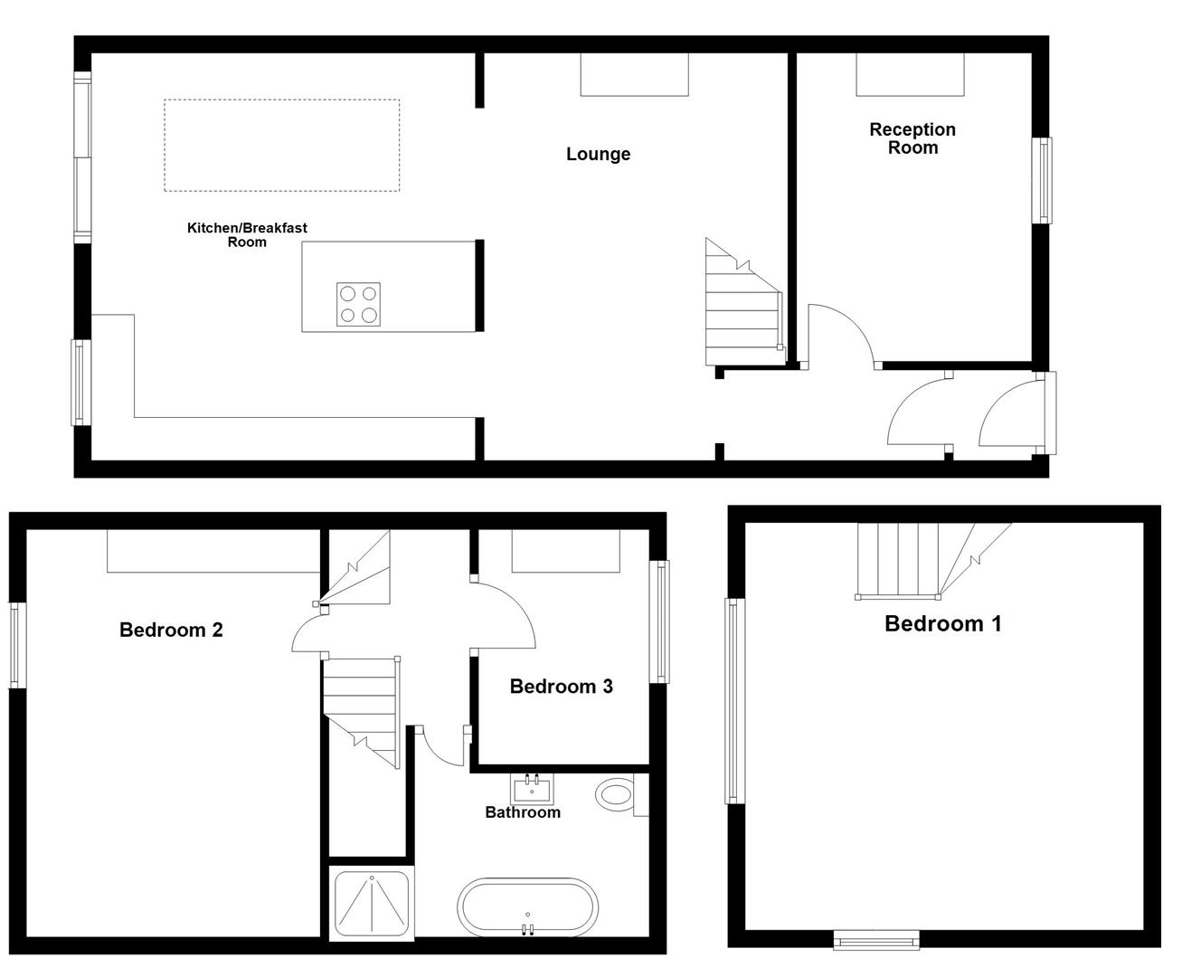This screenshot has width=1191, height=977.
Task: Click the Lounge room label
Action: tap(598, 154)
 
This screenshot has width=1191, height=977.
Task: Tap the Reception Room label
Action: tap(912, 138)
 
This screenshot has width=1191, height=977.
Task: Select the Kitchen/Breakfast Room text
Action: tap(247, 234)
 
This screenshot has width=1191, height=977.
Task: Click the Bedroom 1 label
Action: tap(942, 623)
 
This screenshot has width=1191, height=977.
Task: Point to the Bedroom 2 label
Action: tap(171, 630)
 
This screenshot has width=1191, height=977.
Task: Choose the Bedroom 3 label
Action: tap(561, 686)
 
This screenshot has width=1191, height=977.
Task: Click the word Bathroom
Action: tap(523, 812)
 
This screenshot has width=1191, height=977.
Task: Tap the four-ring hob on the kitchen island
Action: tap(358, 304)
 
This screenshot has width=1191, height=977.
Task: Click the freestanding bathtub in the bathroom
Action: tap(528, 908)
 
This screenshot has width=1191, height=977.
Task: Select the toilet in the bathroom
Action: tap(617, 795)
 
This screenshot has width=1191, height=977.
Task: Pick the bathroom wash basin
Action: tap(531, 790)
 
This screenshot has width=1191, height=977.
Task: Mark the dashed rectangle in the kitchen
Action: tap(281, 146)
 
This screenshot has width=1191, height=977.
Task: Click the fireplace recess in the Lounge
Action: tap(634, 74)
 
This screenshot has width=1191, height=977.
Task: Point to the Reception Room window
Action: tap(1044, 180)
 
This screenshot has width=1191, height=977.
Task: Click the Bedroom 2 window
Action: tap(16, 645)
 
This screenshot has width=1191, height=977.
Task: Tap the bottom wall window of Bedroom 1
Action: tap(875, 941)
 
